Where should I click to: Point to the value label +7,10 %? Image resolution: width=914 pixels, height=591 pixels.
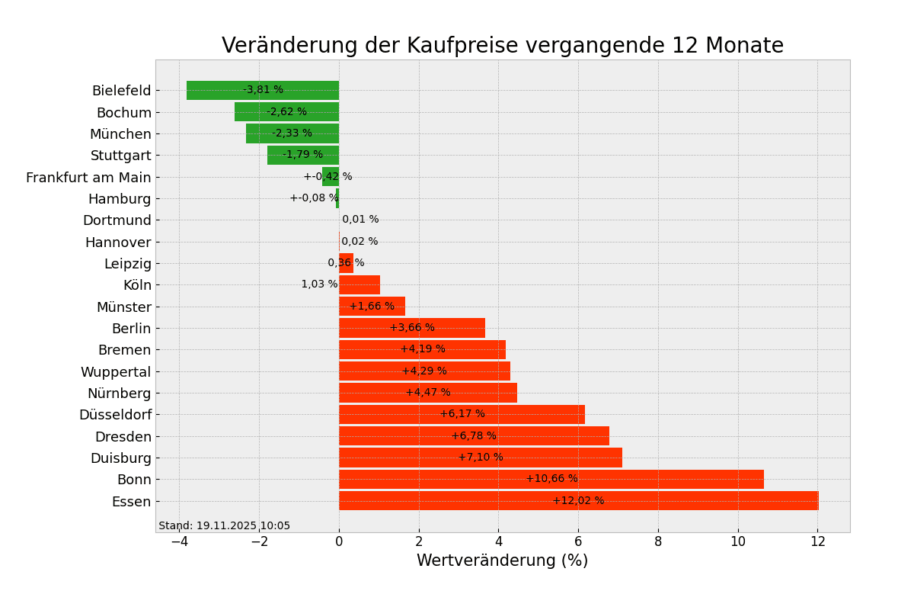pyautogui.click(x=480, y=458)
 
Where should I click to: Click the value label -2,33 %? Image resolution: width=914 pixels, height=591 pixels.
pyautogui.click(x=292, y=133)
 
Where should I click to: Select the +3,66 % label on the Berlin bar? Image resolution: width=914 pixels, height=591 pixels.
pyautogui.click(x=412, y=328)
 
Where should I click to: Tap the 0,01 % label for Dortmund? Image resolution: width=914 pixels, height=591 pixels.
pyautogui.click(x=360, y=220)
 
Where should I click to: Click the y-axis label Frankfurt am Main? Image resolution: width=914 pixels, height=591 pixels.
pyautogui.click(x=88, y=178)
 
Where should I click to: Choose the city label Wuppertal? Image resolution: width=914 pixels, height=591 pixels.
pyautogui.click(x=116, y=372)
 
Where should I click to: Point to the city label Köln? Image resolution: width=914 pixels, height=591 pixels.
pyautogui.click(x=137, y=285)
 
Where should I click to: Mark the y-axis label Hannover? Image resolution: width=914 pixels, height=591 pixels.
pyautogui.click(x=118, y=243)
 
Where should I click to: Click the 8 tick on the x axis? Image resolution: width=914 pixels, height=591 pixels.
pyautogui.click(x=658, y=541)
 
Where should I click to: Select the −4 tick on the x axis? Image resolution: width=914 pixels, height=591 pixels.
pyautogui.click(x=179, y=541)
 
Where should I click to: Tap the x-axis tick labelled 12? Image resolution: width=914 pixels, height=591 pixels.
pyautogui.click(x=817, y=541)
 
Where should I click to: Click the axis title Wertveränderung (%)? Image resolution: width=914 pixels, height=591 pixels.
pyautogui.click(x=502, y=561)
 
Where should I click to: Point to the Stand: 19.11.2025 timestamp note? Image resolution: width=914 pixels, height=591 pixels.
pyautogui.click(x=224, y=525)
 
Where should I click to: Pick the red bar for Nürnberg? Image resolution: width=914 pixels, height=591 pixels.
pyautogui.click(x=427, y=393)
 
